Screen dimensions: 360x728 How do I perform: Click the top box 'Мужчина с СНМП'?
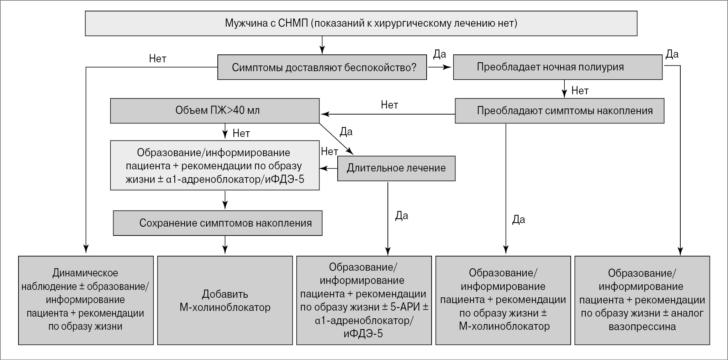[361, 23]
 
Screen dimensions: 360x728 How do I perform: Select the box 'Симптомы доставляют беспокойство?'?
[322, 67]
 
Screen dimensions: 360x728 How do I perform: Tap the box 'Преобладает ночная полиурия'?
[558, 67]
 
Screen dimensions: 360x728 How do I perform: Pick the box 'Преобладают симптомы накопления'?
[559, 111]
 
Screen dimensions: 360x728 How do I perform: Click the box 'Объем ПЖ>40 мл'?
[215, 111]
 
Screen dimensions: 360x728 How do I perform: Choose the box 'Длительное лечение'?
[396, 168]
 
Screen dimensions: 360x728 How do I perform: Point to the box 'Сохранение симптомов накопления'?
[217, 223]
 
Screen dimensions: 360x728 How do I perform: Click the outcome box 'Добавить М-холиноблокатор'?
[225, 300]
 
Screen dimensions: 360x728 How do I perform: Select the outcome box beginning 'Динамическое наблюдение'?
[86, 300]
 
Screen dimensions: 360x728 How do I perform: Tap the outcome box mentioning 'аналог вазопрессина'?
[642, 300]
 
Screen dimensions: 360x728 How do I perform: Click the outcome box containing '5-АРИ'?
[364, 300]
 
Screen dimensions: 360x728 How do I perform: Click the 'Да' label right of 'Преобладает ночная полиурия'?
[672, 54]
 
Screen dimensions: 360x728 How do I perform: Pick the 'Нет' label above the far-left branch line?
[158, 59]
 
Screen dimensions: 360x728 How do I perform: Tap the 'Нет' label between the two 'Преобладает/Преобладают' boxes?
[580, 91]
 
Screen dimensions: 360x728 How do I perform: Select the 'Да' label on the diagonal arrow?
[346, 132]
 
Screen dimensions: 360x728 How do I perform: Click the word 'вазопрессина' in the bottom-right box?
[642, 327]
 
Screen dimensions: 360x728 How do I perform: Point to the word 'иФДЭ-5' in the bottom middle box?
[363, 334]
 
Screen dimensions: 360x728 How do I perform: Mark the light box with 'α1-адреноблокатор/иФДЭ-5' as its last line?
[215, 165]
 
